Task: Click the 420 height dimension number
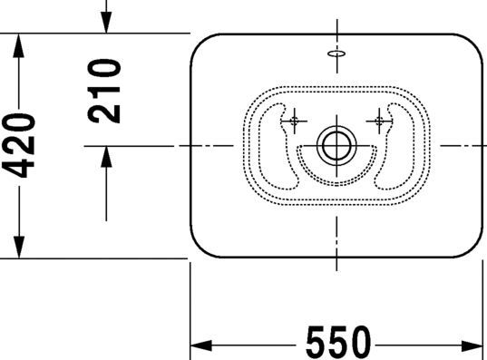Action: pos(19,146)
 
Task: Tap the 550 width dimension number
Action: pos(337,344)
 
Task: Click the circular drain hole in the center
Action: pos(336,144)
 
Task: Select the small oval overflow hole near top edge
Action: pos(336,54)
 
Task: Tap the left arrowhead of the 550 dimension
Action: pos(200,345)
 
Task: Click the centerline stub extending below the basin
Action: pos(336,263)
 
